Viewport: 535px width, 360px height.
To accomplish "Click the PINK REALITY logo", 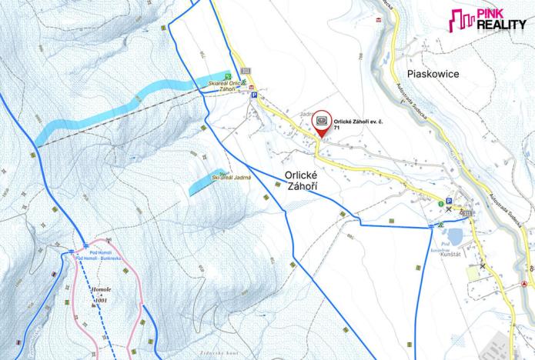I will point(488,21).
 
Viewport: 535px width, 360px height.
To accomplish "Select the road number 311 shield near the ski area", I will point(246,71).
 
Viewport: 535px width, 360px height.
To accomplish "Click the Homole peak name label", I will point(102,290).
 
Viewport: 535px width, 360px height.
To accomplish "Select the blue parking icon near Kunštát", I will point(448,200).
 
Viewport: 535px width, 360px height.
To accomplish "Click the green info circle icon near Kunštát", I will point(441,204).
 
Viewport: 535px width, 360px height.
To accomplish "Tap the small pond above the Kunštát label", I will point(455,236).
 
